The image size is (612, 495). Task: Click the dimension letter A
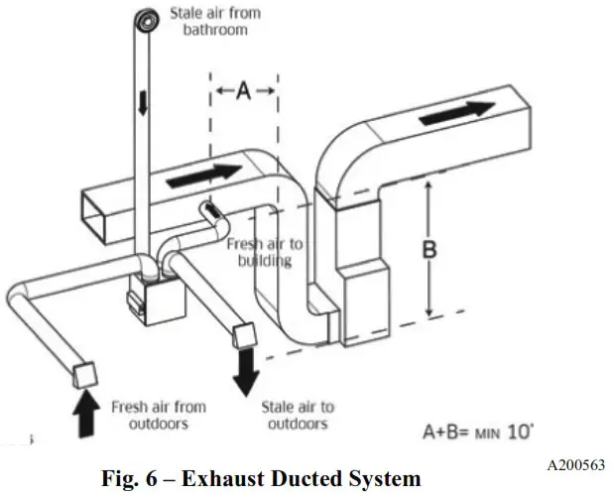click(243, 91)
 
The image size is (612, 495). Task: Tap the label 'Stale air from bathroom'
click(210, 21)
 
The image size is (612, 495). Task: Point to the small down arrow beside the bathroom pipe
click(142, 103)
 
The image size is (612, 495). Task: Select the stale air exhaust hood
click(245, 338)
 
